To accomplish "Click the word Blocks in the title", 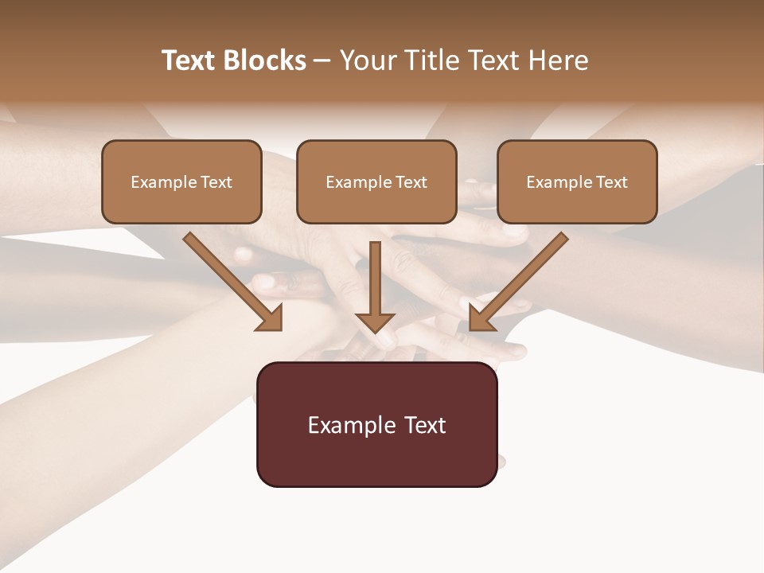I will (267, 60).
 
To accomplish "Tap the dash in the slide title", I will (323, 60).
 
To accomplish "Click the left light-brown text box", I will (181, 182).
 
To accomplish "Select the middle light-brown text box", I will (376, 182).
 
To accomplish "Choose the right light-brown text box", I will (577, 182).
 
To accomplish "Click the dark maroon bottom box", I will (376, 425).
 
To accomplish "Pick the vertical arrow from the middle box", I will (375, 283).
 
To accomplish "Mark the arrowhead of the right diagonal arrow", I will (481, 318).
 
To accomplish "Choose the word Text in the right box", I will (612, 182).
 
